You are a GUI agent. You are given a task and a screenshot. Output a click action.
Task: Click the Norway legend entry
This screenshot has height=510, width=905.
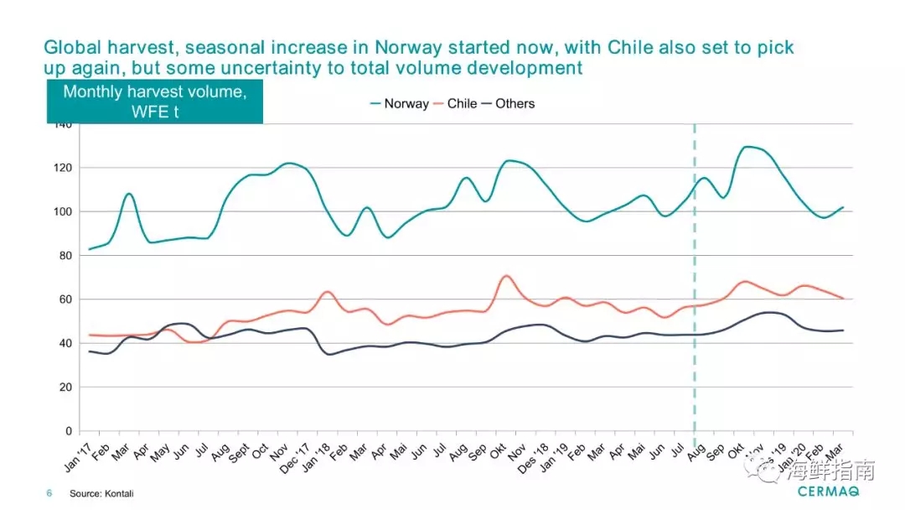[x=406, y=104]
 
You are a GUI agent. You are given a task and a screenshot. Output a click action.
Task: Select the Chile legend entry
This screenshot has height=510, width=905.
[x=462, y=104]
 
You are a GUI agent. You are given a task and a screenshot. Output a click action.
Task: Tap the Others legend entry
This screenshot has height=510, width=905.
[x=515, y=104]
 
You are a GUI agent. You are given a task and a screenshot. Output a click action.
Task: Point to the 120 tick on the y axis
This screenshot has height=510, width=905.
[x=63, y=168]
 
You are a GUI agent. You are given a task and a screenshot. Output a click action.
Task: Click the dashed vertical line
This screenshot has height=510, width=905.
[x=695, y=277]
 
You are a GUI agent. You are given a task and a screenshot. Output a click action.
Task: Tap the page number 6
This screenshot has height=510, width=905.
[x=49, y=494]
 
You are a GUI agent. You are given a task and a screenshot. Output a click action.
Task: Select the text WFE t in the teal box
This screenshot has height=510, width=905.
[x=154, y=111]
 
